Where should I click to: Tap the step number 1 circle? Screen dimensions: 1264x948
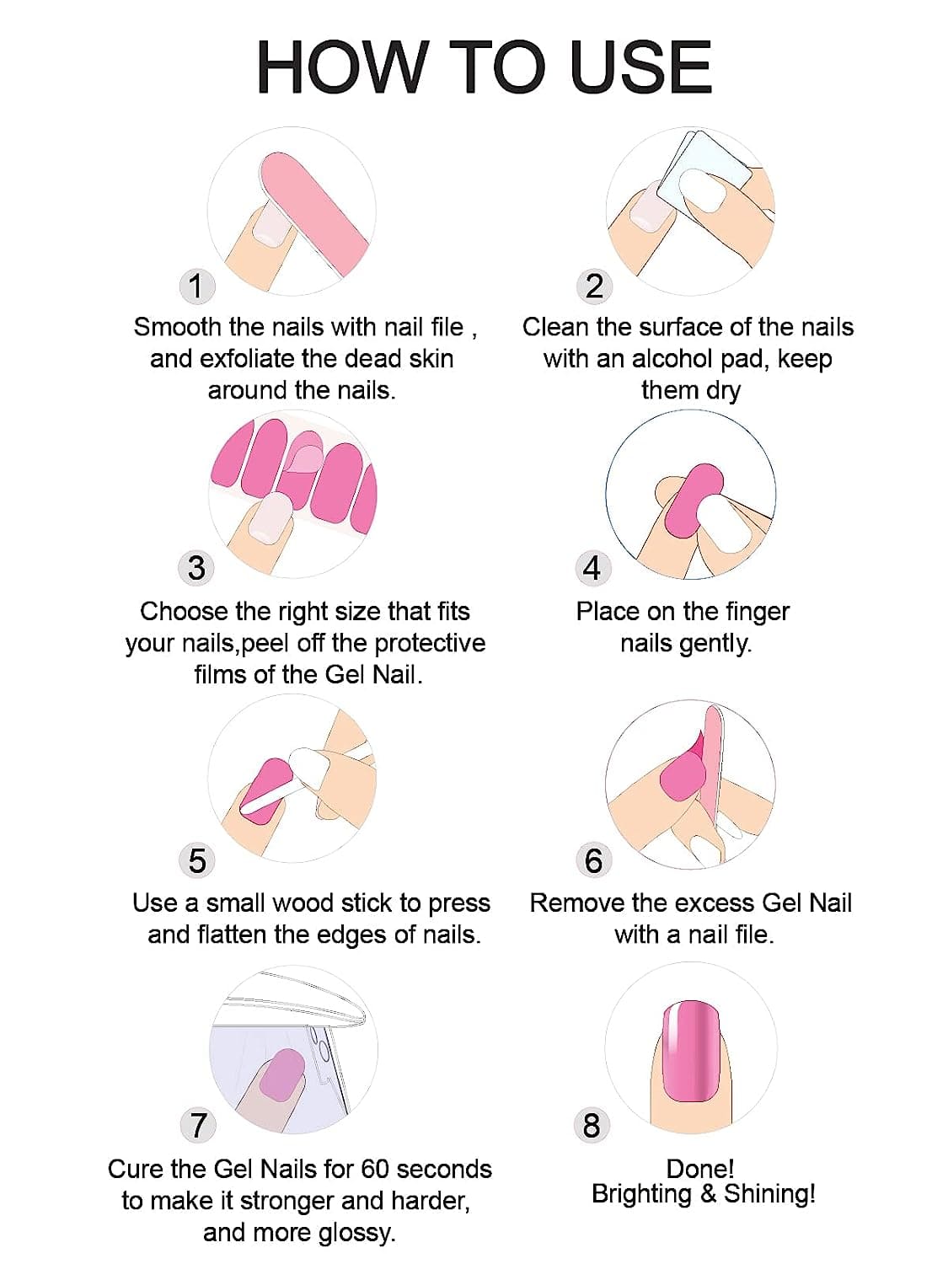[x=195, y=287]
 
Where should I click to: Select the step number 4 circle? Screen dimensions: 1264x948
[x=592, y=568]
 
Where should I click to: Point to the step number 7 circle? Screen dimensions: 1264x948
[x=197, y=1125]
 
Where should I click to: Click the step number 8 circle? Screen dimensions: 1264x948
[x=592, y=1125]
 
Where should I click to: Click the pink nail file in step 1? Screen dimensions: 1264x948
[x=316, y=211]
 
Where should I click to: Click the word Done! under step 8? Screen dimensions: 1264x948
[x=699, y=1169]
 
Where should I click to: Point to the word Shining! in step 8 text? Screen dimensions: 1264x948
[x=769, y=1194]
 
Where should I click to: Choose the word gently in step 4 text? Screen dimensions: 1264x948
[x=715, y=644]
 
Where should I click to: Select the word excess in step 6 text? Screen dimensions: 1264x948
[x=715, y=903]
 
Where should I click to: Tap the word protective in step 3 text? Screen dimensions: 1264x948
[x=430, y=644]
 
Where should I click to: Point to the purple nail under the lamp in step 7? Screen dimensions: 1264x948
[x=282, y=1074]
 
